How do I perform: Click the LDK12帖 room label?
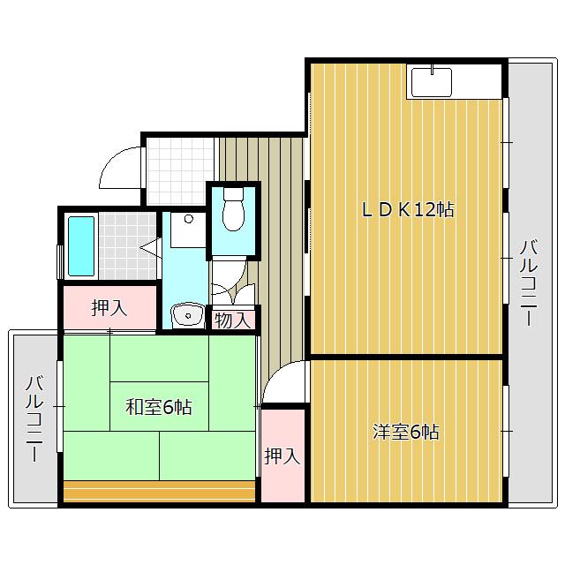pyautogui.click(x=408, y=210)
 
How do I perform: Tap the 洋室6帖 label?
pyautogui.click(x=406, y=432)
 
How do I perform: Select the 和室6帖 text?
pyautogui.click(x=159, y=407)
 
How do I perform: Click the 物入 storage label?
pyautogui.click(x=232, y=320)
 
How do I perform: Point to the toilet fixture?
pyautogui.click(x=233, y=210)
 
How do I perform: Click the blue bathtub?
pyautogui.click(x=81, y=246)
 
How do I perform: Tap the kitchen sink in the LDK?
pyautogui.click(x=432, y=82)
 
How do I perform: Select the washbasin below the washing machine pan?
pyautogui.click(x=188, y=315)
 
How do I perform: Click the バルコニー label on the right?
pyautogui.click(x=529, y=283)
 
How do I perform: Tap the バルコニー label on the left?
pyautogui.click(x=34, y=418)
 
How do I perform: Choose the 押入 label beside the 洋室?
pyautogui.click(x=282, y=456)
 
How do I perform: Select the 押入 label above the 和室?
pyautogui.click(x=109, y=308)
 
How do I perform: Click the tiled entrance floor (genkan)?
pyautogui.click(x=180, y=171)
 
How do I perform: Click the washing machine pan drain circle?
pyautogui.click(x=188, y=219)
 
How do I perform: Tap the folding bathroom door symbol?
pyautogui.click(x=151, y=247)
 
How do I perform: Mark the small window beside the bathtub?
pyautogui.click(x=60, y=262)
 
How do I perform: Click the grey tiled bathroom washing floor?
pyautogui.click(x=127, y=245)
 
